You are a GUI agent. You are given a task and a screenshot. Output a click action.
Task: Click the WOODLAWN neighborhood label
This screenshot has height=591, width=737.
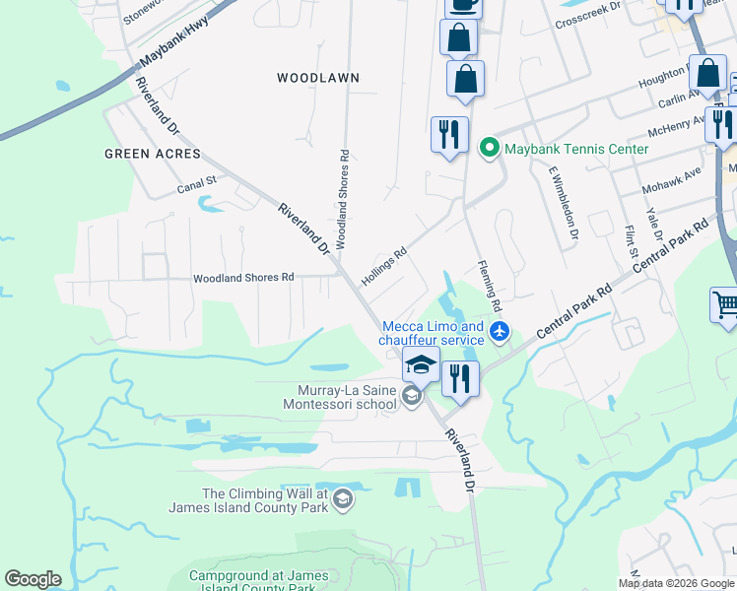(318, 77)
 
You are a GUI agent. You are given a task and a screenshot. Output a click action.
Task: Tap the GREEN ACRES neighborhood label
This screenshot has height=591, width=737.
(152, 154)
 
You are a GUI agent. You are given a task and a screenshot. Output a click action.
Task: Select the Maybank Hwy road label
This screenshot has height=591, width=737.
(176, 45)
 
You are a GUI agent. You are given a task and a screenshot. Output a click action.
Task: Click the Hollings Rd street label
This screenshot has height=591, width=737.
(383, 266)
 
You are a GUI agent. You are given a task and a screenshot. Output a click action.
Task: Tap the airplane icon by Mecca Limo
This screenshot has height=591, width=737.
(501, 332)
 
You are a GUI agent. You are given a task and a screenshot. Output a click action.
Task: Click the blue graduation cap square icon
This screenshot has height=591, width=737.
(421, 364)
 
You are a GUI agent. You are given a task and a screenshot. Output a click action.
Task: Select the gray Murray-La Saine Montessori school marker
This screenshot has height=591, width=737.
(412, 396)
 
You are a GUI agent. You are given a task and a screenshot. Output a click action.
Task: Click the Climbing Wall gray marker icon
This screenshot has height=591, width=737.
(342, 500)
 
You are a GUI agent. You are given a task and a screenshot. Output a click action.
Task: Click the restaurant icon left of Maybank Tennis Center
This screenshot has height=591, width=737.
(449, 134)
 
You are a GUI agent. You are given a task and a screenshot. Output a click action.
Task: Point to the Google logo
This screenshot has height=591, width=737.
(33, 579)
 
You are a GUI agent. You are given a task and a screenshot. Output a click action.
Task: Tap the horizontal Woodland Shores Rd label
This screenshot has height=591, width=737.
(243, 278)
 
